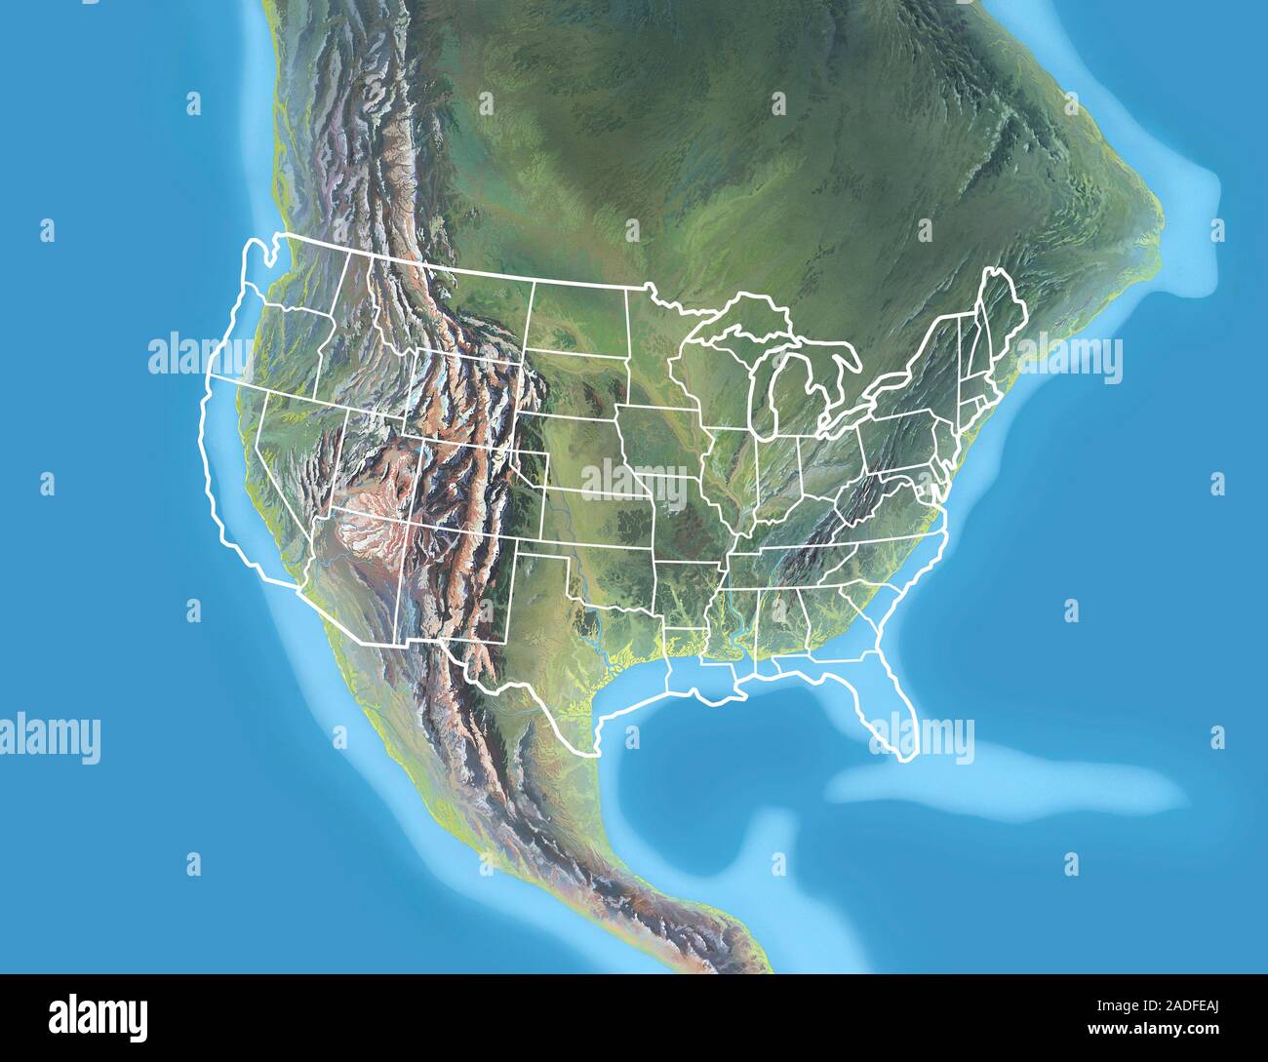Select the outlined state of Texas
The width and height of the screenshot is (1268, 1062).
[546, 634]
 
